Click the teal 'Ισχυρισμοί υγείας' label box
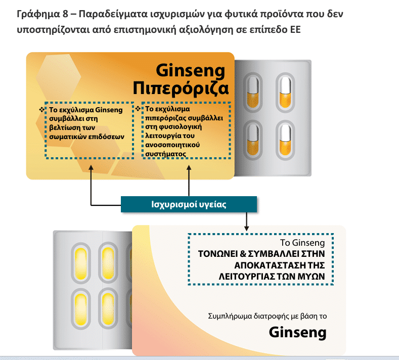pos(189,204)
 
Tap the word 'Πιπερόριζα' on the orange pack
pos(181,89)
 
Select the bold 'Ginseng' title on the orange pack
pos(191,70)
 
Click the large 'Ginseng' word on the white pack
pos(297,333)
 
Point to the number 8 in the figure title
pos(65,14)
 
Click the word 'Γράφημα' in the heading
pos(38,14)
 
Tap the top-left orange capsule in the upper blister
pos(252,93)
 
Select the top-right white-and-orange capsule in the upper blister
pos(285,93)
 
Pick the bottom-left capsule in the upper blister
pos(252,140)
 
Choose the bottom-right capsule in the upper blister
pos(285,140)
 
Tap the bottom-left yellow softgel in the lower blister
pos(81,309)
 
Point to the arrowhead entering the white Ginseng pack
pos(246,228)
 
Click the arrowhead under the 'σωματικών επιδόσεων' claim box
pos(91,168)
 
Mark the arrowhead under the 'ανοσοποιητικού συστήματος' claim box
pos(189,168)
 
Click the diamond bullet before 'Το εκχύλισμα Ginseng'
pos(42,110)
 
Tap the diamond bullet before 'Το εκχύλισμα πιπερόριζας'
pos(138,109)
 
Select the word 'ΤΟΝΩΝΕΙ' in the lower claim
pos(218,254)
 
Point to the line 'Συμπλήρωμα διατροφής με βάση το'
pos(267,316)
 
